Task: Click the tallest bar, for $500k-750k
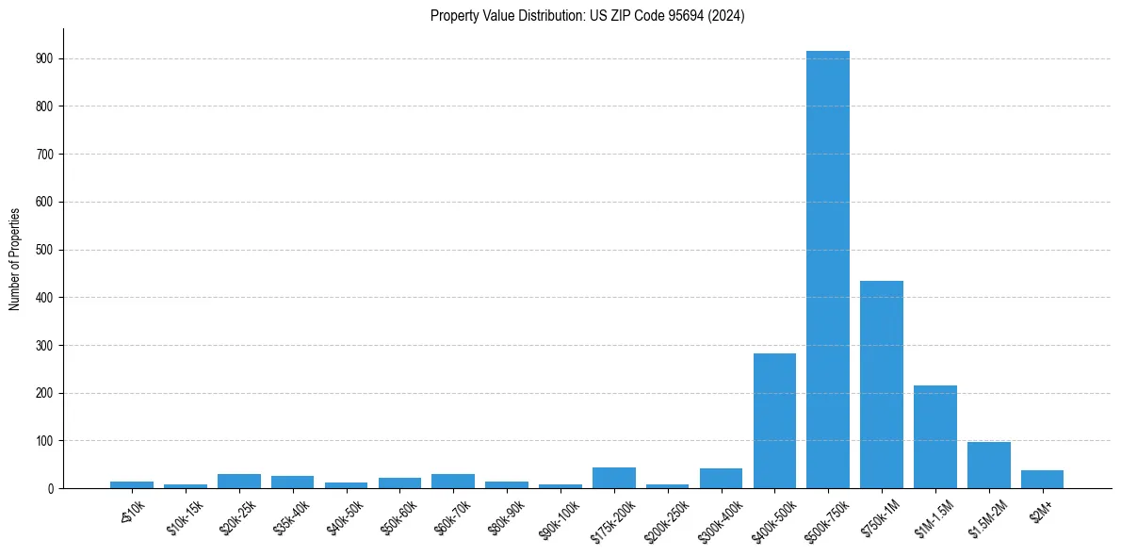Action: pos(828,273)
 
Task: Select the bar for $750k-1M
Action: pos(882,384)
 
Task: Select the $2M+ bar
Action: pos(1043,480)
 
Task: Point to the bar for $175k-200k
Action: pos(614,478)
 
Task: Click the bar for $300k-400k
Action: pos(721,479)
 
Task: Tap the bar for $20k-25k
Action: pos(239,482)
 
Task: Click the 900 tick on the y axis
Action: pos(44,58)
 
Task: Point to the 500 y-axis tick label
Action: pos(44,250)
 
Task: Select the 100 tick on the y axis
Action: pos(44,441)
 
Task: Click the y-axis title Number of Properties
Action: pos(14,259)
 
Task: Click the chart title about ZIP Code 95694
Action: pos(588,15)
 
